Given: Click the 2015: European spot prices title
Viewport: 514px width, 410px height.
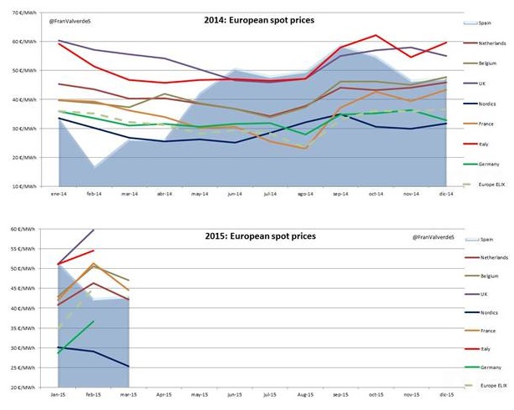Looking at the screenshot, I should (262, 236).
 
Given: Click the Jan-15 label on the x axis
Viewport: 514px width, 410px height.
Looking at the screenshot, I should (58, 394).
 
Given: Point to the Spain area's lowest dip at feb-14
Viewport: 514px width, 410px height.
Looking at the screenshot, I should (96, 167).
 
